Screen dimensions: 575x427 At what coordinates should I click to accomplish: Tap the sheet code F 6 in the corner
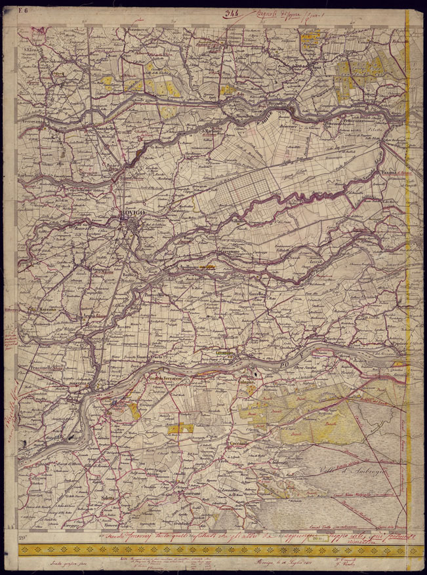click(x=24, y=9)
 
